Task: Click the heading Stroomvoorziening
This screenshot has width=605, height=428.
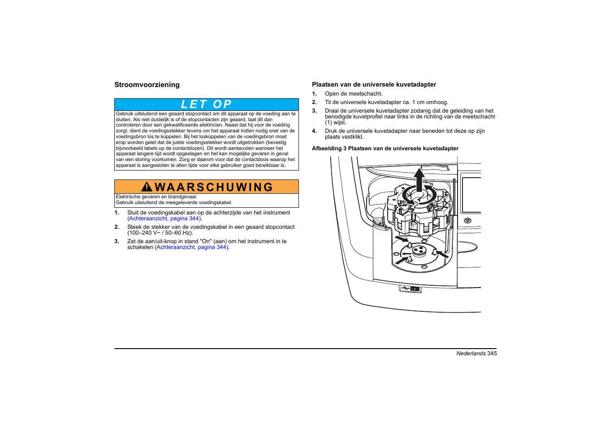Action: (x=147, y=85)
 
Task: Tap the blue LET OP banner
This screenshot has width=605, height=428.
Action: (x=206, y=105)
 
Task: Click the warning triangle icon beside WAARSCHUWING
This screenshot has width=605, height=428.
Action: (x=147, y=187)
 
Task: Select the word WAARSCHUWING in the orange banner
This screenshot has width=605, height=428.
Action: (x=214, y=187)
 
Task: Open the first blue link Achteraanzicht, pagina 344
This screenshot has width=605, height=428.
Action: (x=164, y=218)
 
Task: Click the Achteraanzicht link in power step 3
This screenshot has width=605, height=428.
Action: (x=191, y=247)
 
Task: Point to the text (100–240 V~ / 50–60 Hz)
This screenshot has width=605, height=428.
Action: (x=160, y=233)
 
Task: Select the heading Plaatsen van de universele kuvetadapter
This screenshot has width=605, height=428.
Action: (x=374, y=84)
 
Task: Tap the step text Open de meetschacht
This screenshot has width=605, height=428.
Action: (x=354, y=94)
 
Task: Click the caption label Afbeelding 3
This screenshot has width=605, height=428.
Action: (x=329, y=148)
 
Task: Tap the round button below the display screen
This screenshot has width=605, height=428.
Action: (x=467, y=220)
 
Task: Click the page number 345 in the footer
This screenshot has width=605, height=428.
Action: (x=492, y=354)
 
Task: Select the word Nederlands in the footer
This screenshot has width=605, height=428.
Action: (x=471, y=354)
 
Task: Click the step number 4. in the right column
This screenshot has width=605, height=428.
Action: (x=314, y=131)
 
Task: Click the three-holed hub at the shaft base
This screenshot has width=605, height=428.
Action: (x=419, y=250)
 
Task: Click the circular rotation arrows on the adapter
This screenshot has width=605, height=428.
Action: (x=419, y=195)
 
